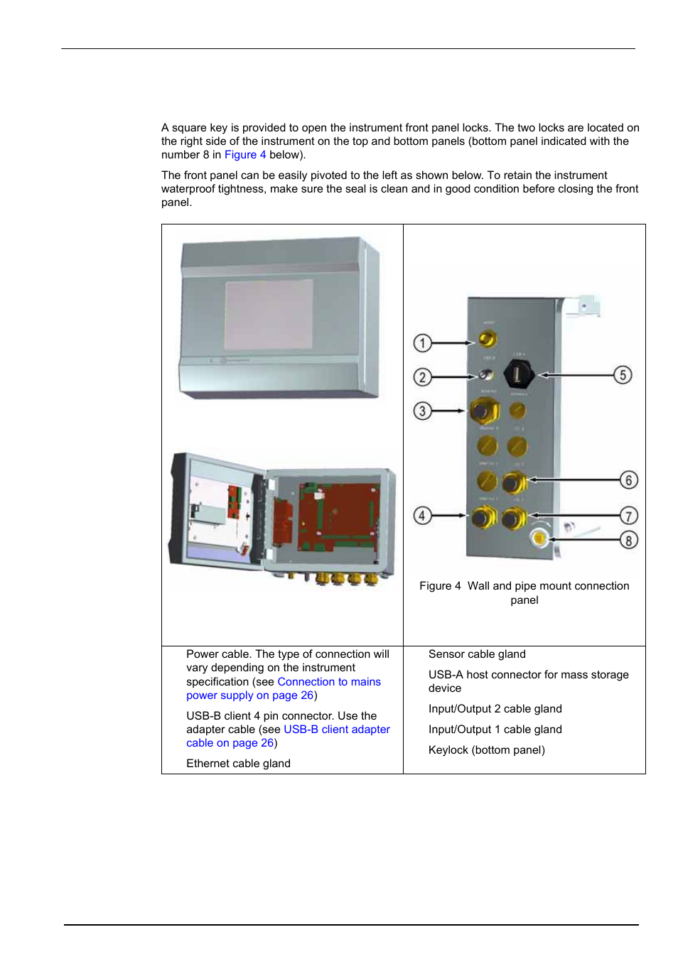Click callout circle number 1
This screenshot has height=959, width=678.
[x=422, y=343]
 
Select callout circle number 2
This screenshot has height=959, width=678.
[x=422, y=376]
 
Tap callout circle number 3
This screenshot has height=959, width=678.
[x=422, y=411]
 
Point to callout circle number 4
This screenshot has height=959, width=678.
[x=422, y=516]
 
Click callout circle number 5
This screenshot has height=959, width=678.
[x=623, y=374]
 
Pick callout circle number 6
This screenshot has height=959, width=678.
[x=628, y=480]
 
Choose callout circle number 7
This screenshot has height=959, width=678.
[x=628, y=516]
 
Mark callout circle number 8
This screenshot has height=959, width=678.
[x=628, y=540]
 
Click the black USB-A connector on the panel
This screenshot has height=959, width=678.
[x=518, y=373]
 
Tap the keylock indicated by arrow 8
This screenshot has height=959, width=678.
[x=539, y=538]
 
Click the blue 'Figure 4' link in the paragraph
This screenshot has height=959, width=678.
[x=245, y=155]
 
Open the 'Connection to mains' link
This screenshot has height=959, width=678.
[x=328, y=682]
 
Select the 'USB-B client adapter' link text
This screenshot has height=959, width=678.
[x=336, y=730]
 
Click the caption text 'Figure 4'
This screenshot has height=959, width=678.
[x=440, y=586]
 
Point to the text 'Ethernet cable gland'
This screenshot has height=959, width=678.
[x=238, y=764]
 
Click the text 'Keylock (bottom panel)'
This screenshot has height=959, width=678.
[x=486, y=750]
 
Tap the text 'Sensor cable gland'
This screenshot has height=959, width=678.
[x=477, y=654]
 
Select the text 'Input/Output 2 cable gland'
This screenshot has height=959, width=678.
[x=495, y=709]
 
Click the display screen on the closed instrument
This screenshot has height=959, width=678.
[x=269, y=314]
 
